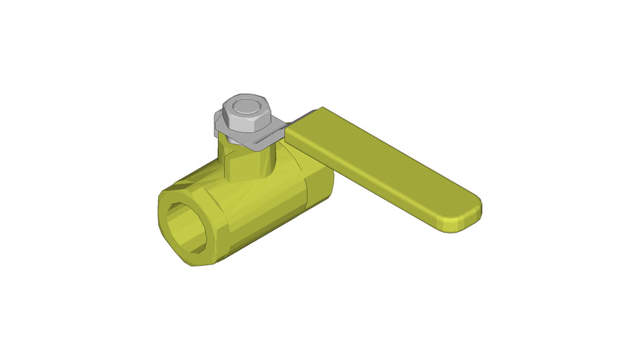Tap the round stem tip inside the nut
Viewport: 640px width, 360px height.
245,108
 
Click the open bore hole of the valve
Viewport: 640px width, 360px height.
185,226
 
